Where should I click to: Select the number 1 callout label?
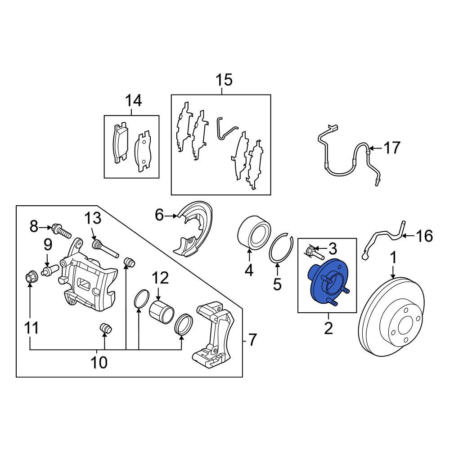pos(393,258)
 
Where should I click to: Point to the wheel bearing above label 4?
pos(254,233)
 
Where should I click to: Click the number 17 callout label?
pos(391,147)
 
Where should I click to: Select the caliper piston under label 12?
pos(161,311)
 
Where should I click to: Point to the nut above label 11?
pos(30,276)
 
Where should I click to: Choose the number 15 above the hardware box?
pos(224,81)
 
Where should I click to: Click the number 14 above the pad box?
pos(133,100)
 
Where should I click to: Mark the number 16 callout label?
pos(425,235)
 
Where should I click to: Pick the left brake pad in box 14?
pos(120,142)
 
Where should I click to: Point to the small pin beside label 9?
pos(49,270)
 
